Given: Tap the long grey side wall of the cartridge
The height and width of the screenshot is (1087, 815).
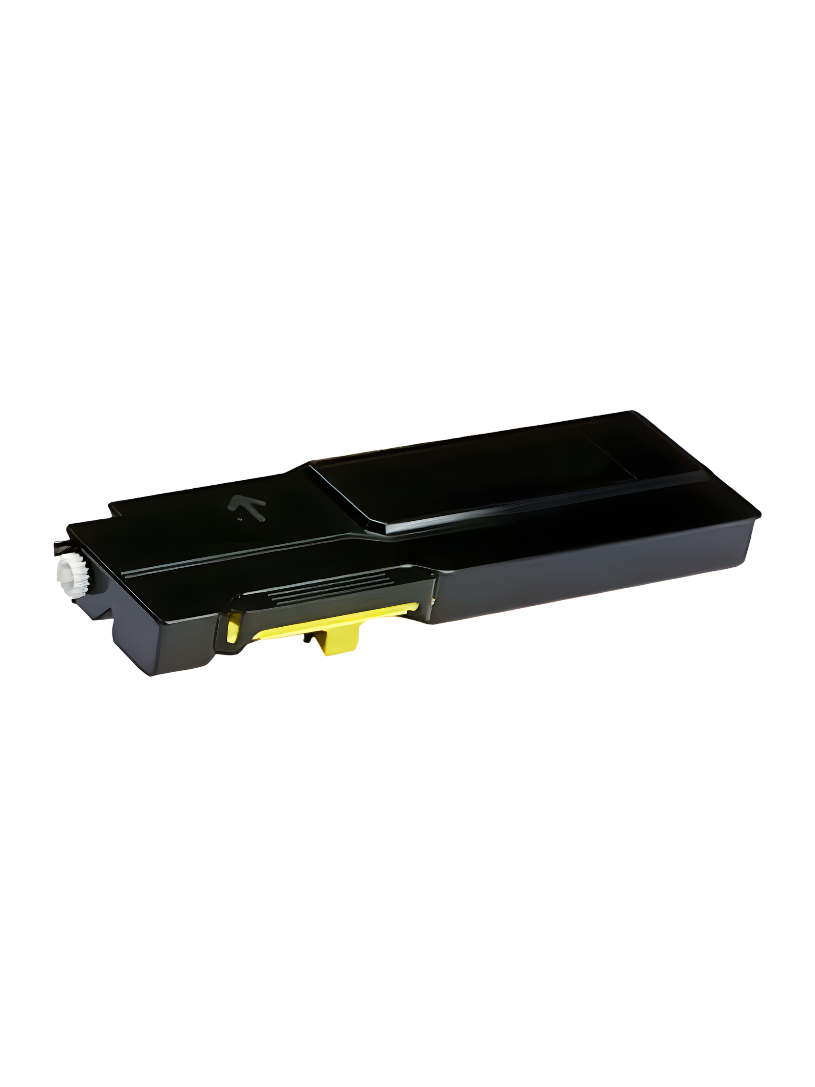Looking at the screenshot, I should pos(590,580).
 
